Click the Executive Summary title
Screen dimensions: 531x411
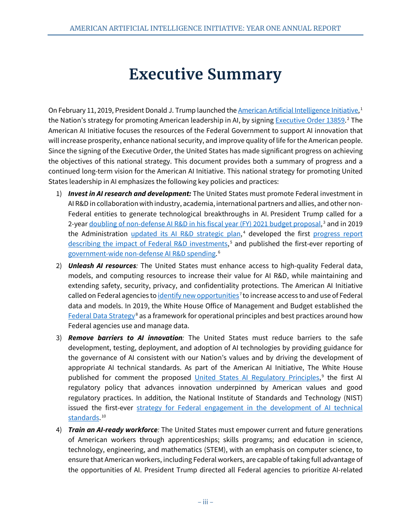tap(205, 74)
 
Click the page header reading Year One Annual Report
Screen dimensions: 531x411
tap(205, 28)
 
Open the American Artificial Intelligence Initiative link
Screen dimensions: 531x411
tap(298, 111)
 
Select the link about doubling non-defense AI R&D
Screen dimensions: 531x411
tap(205, 224)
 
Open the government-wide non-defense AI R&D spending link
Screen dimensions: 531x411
tap(141, 254)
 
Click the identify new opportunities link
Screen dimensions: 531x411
tap(198, 296)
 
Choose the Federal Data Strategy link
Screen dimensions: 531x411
tap(101, 316)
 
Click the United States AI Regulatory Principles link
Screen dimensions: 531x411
tap(257, 378)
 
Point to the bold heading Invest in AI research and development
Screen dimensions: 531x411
tap(129, 194)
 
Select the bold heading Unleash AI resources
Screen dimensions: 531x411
tap(102, 265)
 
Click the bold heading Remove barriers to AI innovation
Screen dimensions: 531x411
tap(125, 338)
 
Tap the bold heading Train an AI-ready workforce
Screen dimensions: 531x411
tap(113, 430)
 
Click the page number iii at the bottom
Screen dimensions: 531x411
tap(205, 502)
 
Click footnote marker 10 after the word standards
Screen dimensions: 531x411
tap(103, 417)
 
